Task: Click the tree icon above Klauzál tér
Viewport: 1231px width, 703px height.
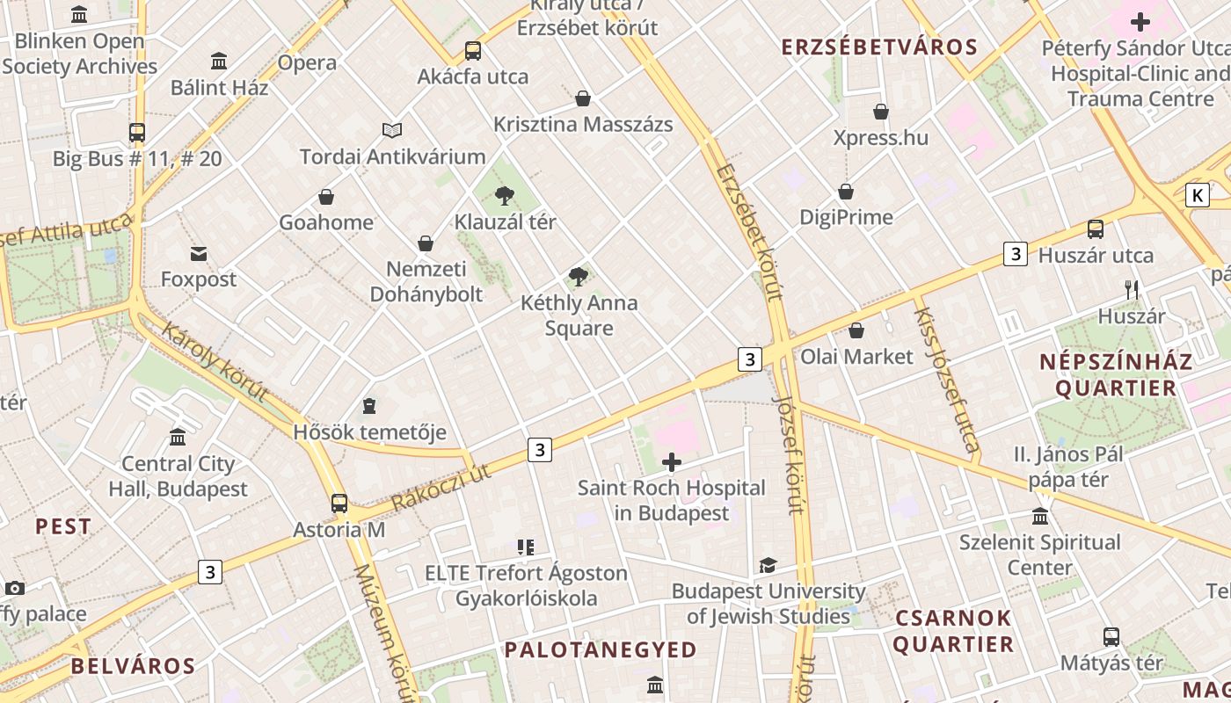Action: click(x=505, y=195)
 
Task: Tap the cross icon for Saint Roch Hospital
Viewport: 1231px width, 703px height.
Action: click(x=672, y=461)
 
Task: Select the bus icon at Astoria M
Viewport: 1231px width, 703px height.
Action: click(x=339, y=504)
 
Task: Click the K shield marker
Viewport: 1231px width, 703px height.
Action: click(x=1197, y=195)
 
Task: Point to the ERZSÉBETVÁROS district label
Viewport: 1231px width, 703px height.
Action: click(x=879, y=47)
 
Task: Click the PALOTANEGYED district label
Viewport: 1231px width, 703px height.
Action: click(x=601, y=649)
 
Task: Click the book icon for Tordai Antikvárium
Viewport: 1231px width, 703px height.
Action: click(x=392, y=131)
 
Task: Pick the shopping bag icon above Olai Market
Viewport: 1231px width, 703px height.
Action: click(x=856, y=330)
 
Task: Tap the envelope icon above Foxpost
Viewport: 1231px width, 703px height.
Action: click(x=199, y=254)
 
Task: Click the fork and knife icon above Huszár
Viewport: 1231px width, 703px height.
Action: click(x=1132, y=289)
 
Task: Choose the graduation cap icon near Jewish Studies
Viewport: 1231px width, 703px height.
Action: click(x=768, y=565)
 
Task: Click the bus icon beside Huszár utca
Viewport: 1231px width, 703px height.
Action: click(x=1096, y=229)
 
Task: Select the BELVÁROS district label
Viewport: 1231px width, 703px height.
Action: click(x=133, y=665)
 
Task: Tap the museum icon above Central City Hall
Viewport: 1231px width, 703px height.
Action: click(x=178, y=437)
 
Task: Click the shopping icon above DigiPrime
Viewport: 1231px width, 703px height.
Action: click(x=846, y=192)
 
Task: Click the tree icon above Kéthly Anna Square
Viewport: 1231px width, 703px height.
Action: click(x=579, y=278)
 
